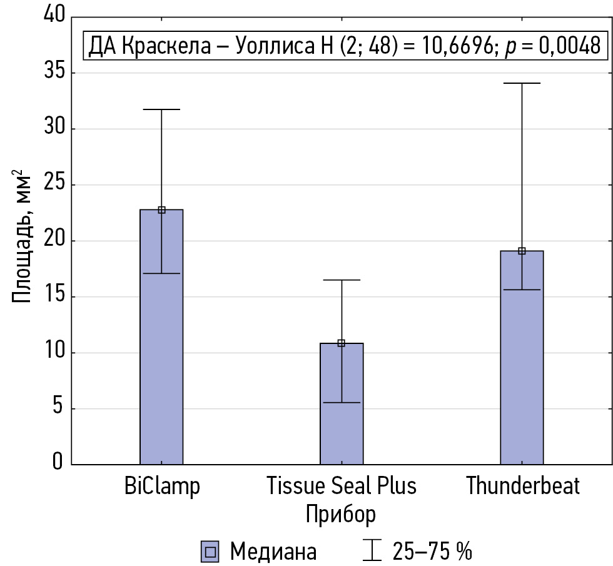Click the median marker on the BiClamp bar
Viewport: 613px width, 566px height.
(x=161, y=210)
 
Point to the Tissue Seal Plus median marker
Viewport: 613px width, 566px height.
(x=342, y=343)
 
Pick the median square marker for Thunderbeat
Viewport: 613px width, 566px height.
(x=522, y=251)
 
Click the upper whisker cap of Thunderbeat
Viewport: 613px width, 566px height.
(x=522, y=83)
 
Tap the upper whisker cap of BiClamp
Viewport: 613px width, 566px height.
(x=161, y=109)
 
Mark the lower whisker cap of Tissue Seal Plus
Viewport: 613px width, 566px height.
(x=342, y=403)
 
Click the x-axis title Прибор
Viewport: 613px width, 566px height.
(x=341, y=514)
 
